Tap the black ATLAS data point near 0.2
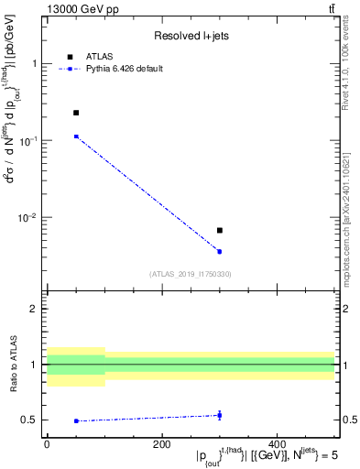pyautogui.click(x=76, y=113)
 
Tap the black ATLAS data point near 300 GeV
pyautogui.click(x=220, y=230)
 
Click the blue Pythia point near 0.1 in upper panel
pyautogui.click(x=76, y=136)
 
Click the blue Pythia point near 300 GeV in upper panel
pyautogui.click(x=220, y=251)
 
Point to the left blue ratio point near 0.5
pyautogui.click(x=76, y=420)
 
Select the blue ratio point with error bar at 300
pyautogui.click(x=220, y=415)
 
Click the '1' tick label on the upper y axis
pyautogui.click(x=35, y=64)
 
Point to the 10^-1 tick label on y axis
pyautogui.click(x=30, y=141)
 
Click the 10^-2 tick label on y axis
pyautogui.click(x=30, y=218)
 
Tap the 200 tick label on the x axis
pyautogui.click(x=161, y=443)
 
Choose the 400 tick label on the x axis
pyautogui.click(x=277, y=443)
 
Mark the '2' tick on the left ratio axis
pyautogui.click(x=36, y=309)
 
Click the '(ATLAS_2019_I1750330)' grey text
pyautogui.click(x=191, y=274)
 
